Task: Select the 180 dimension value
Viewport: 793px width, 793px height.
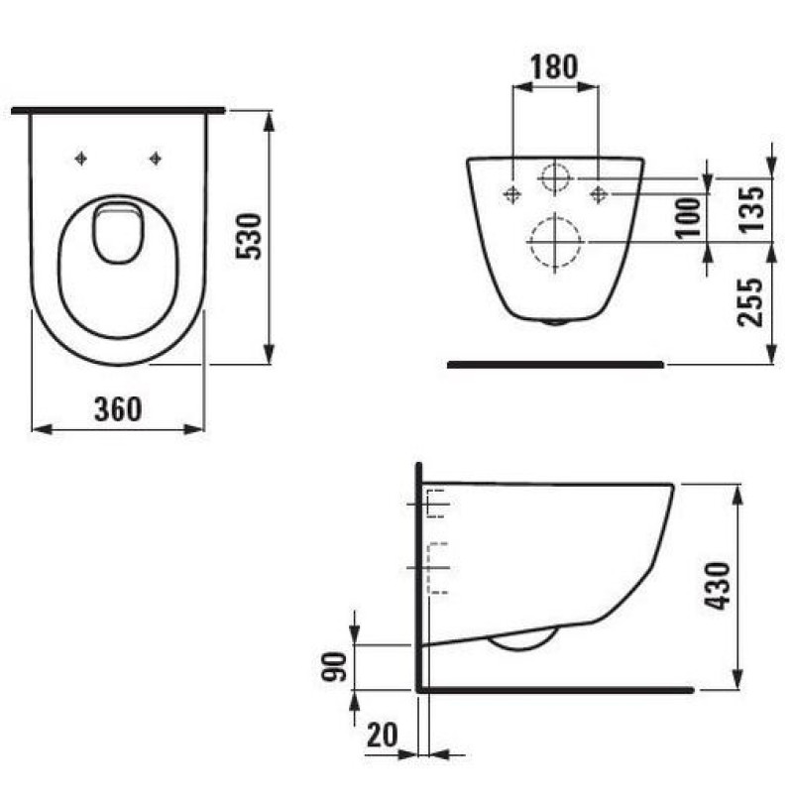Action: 552,66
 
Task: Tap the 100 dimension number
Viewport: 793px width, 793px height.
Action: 691,216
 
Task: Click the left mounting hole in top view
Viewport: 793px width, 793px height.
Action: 82,158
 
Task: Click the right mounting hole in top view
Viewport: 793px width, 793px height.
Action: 155,158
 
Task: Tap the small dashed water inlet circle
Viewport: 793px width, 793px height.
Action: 555,177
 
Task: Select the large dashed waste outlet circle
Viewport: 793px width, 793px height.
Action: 554,241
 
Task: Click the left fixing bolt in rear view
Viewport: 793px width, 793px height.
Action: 511,193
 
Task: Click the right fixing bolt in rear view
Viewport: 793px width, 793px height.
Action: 599,193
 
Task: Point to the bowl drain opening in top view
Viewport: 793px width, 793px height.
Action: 117,232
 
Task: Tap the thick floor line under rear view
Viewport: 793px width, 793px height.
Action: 555,364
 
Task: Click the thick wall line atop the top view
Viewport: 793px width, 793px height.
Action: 119,110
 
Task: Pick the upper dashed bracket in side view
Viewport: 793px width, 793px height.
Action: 436,505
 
